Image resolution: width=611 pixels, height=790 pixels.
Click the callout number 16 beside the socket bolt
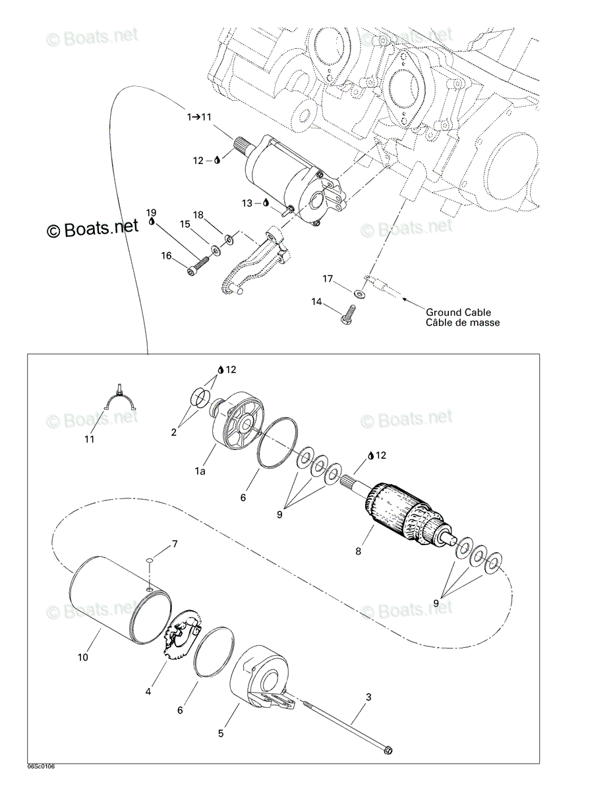(166, 256)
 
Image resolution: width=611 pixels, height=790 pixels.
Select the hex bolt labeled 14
(348, 315)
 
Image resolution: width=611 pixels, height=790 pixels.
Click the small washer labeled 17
(359, 292)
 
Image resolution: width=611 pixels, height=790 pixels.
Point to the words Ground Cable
(458, 312)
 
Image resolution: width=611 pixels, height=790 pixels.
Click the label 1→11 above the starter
(199, 117)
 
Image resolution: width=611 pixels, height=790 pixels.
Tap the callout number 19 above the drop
(152, 213)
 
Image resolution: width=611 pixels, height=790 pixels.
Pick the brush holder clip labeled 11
(119, 399)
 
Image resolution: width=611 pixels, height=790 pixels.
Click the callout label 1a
(200, 471)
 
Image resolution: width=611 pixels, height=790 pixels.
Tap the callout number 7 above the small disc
(175, 554)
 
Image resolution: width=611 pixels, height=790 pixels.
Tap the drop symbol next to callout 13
(266, 203)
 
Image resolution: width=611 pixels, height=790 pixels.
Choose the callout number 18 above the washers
(198, 215)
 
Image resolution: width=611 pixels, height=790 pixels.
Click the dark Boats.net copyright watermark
(92, 228)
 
